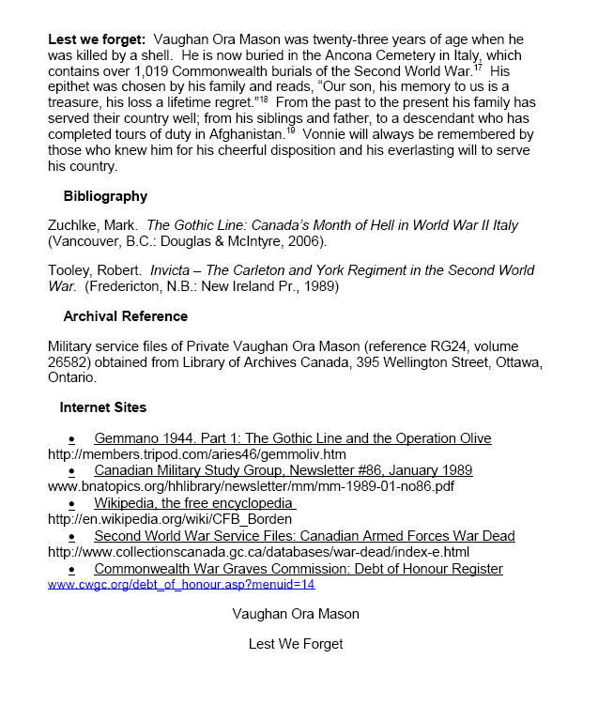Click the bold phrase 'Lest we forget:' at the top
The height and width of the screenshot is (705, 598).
click(x=96, y=40)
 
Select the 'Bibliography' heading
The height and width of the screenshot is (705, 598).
click(x=105, y=196)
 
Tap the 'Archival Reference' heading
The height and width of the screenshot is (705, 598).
click(x=125, y=316)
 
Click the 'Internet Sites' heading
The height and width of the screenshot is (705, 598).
click(x=102, y=407)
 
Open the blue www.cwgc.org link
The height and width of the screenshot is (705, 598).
click(x=180, y=584)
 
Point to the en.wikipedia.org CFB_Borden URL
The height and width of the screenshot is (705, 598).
click(x=169, y=519)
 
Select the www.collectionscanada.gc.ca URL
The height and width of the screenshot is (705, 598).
click(x=258, y=552)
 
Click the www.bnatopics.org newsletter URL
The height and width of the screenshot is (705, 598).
click(x=251, y=486)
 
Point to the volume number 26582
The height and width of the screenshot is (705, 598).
click(x=70, y=362)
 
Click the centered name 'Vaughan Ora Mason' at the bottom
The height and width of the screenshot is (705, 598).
click(x=296, y=614)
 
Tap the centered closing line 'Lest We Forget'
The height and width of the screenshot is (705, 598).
click(x=296, y=644)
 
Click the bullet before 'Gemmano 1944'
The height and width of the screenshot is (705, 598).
click(x=71, y=439)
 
